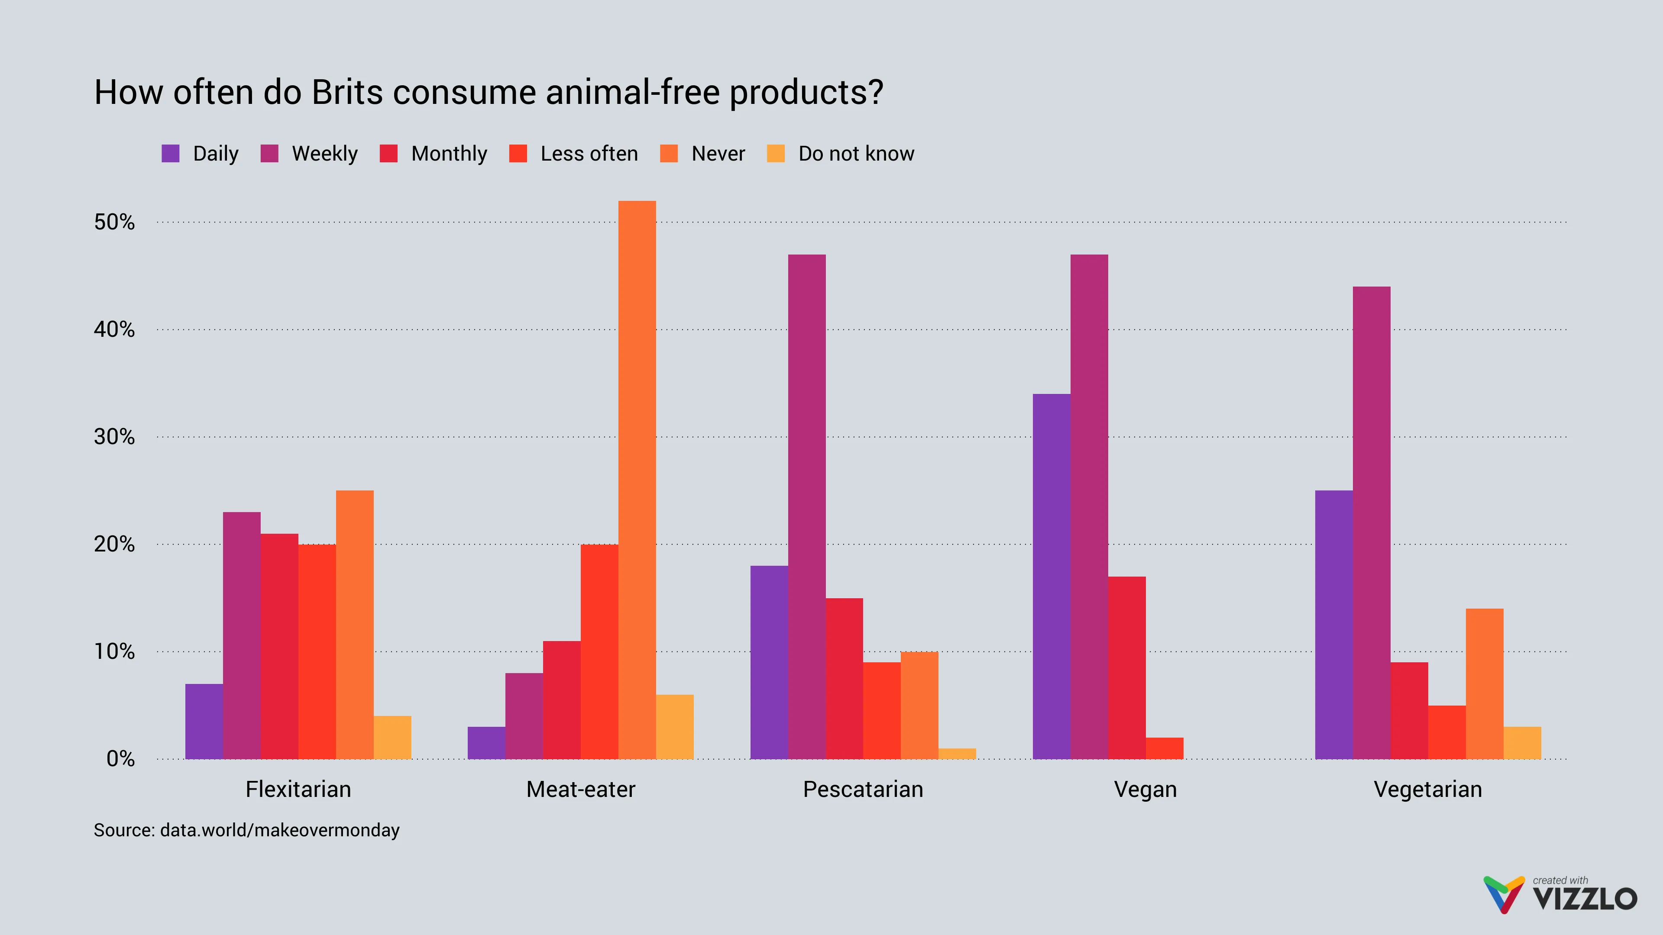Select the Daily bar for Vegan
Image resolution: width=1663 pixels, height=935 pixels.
(1051, 576)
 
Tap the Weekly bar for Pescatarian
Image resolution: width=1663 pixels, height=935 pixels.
(806, 506)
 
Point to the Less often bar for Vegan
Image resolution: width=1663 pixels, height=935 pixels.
(1164, 748)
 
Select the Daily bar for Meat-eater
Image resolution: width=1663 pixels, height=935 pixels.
(486, 743)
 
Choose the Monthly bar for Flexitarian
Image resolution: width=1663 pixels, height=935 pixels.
(279, 646)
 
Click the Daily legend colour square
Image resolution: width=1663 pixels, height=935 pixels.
(171, 154)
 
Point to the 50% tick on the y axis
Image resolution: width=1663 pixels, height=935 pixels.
(114, 222)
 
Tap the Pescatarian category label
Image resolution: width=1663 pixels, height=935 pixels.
(863, 789)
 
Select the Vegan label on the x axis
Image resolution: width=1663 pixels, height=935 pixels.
(1145, 789)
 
